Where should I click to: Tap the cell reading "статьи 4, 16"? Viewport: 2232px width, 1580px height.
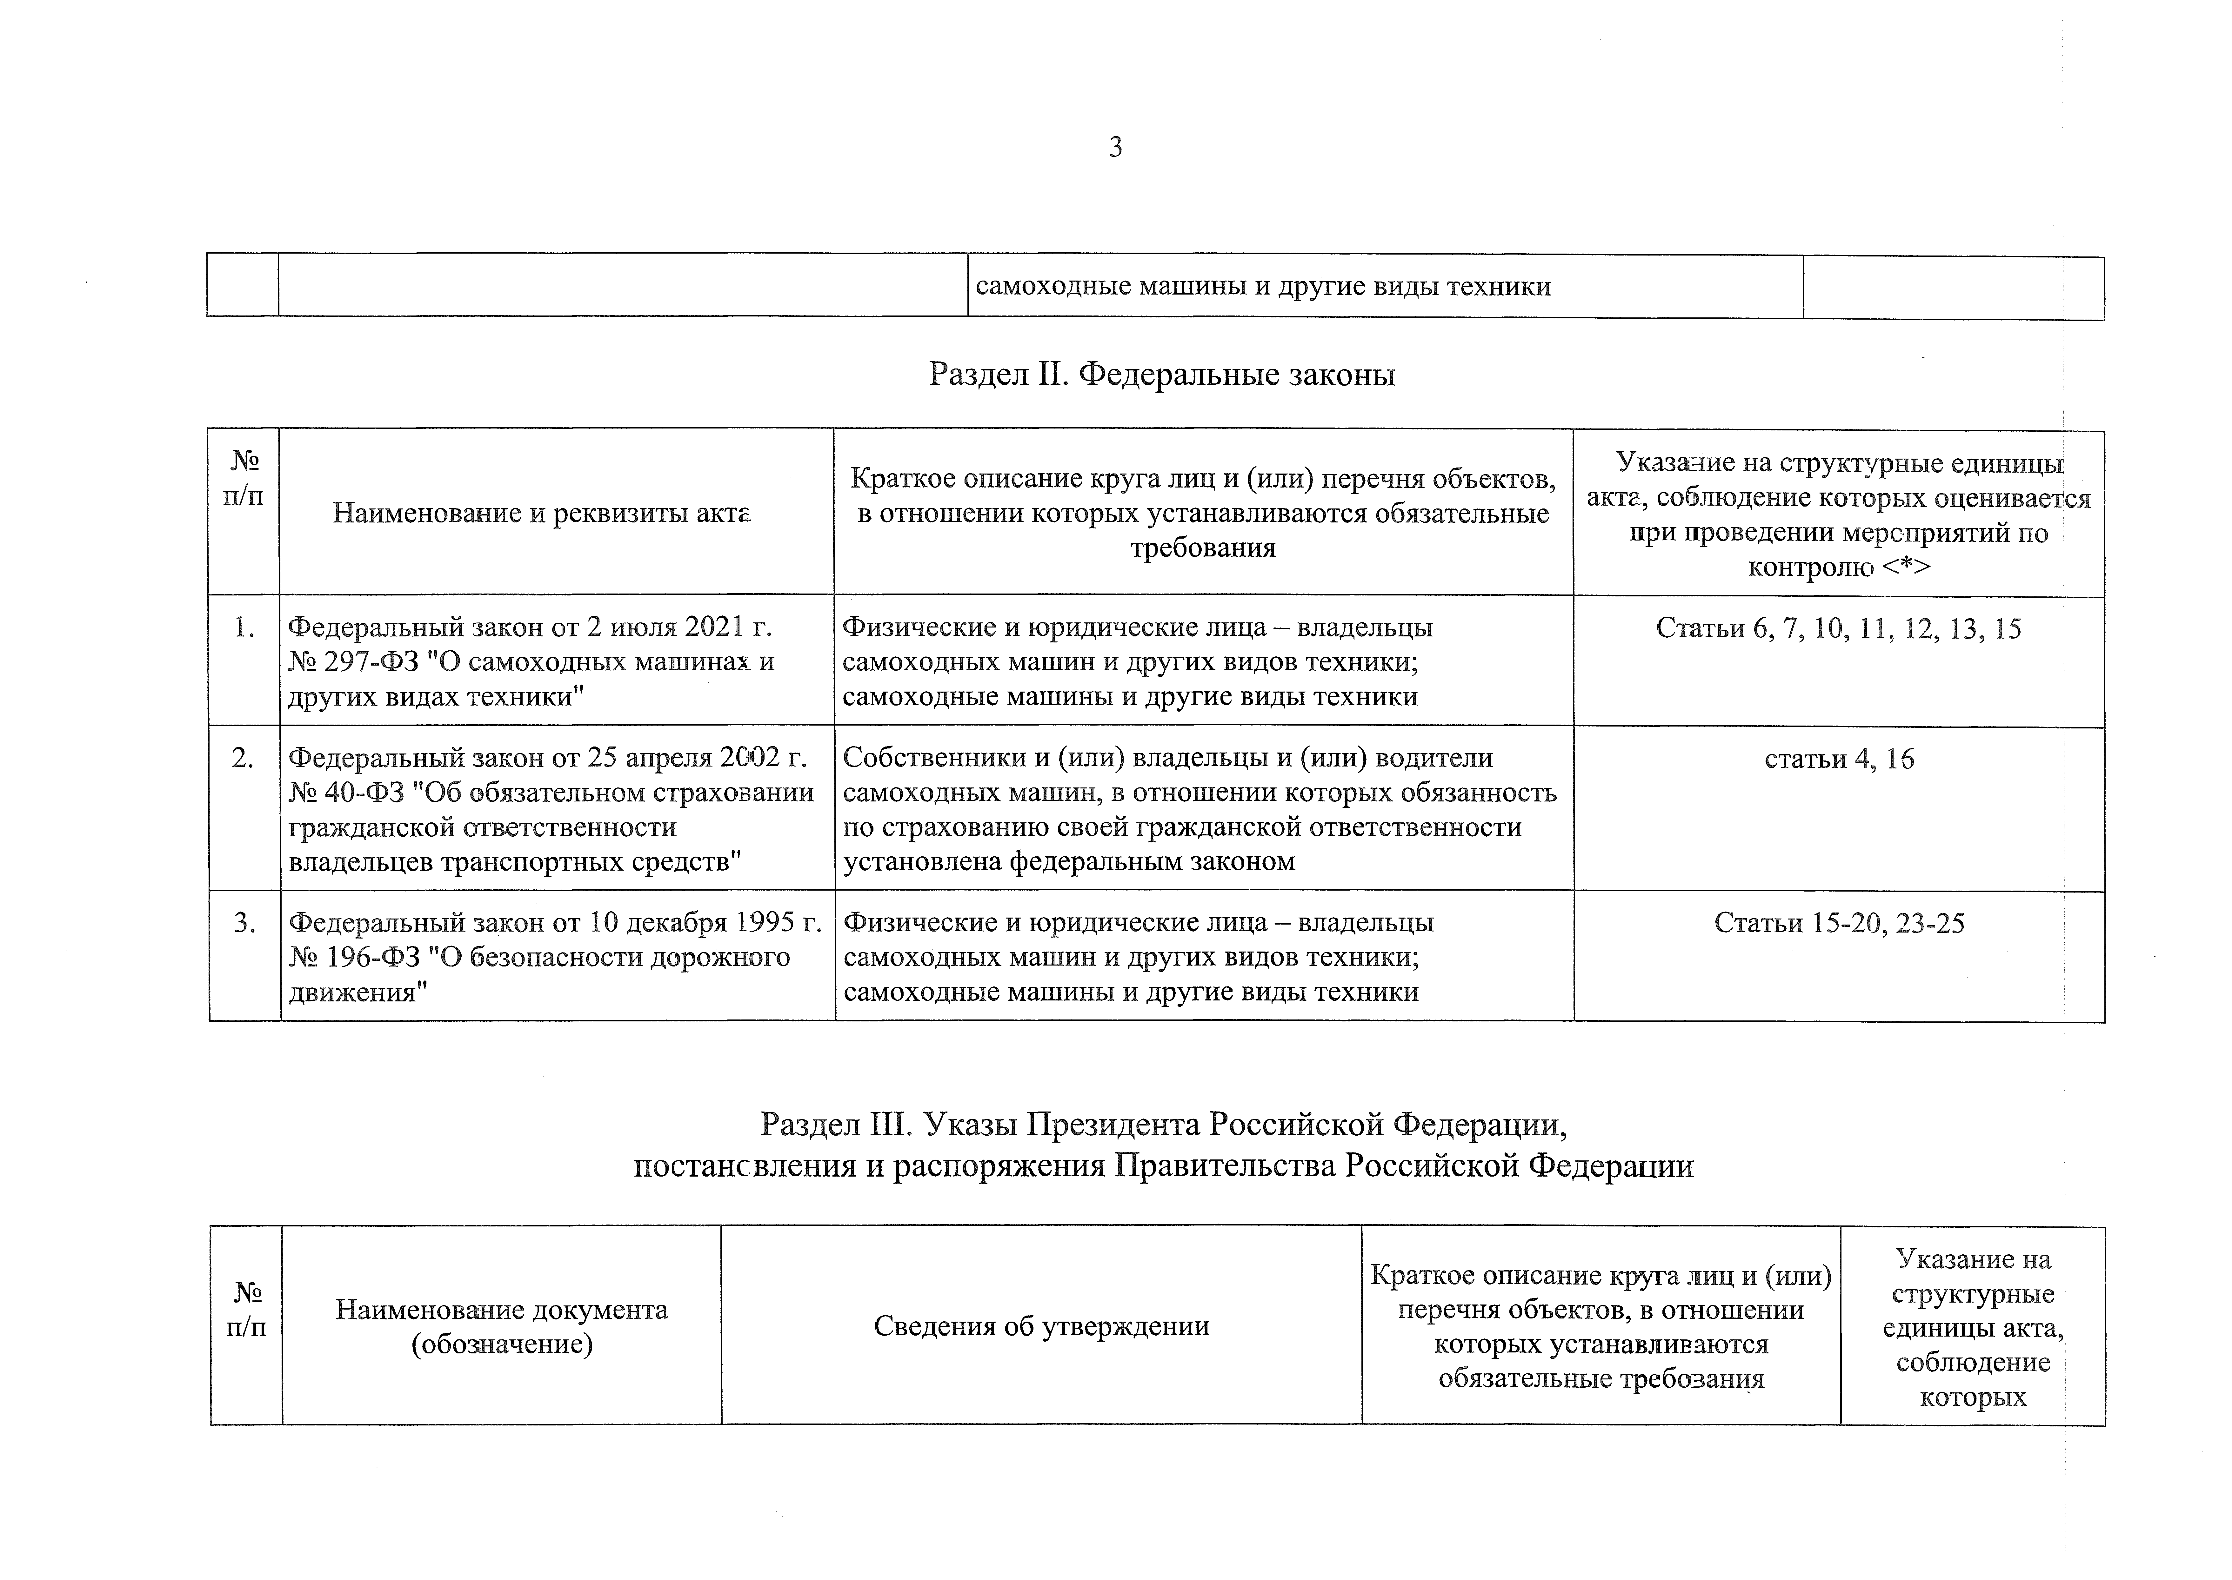point(1839,759)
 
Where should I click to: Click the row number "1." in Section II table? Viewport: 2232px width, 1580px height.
point(244,628)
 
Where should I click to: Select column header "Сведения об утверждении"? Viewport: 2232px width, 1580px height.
point(1041,1326)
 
